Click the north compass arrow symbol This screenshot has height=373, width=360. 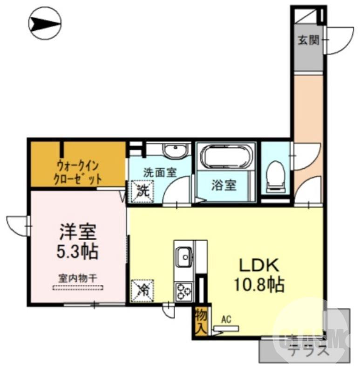click(45, 22)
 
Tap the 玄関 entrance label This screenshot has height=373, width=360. click(308, 41)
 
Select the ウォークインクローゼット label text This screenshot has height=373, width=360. click(78, 172)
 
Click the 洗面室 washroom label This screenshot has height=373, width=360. click(159, 172)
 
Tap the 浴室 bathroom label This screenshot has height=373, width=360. click(224, 185)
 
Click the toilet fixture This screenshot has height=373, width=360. click(276, 177)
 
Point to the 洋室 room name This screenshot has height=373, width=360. click(77, 232)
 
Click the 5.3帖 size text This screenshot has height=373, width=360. click(77, 252)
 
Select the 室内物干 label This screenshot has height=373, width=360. click(77, 278)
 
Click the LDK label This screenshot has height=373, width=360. click(258, 266)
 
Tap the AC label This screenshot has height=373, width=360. click(226, 319)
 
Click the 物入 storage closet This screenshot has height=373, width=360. click(201, 322)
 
